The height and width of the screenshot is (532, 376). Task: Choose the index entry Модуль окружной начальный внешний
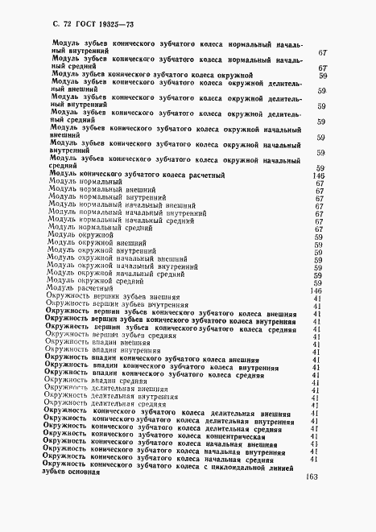(x=110, y=258)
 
